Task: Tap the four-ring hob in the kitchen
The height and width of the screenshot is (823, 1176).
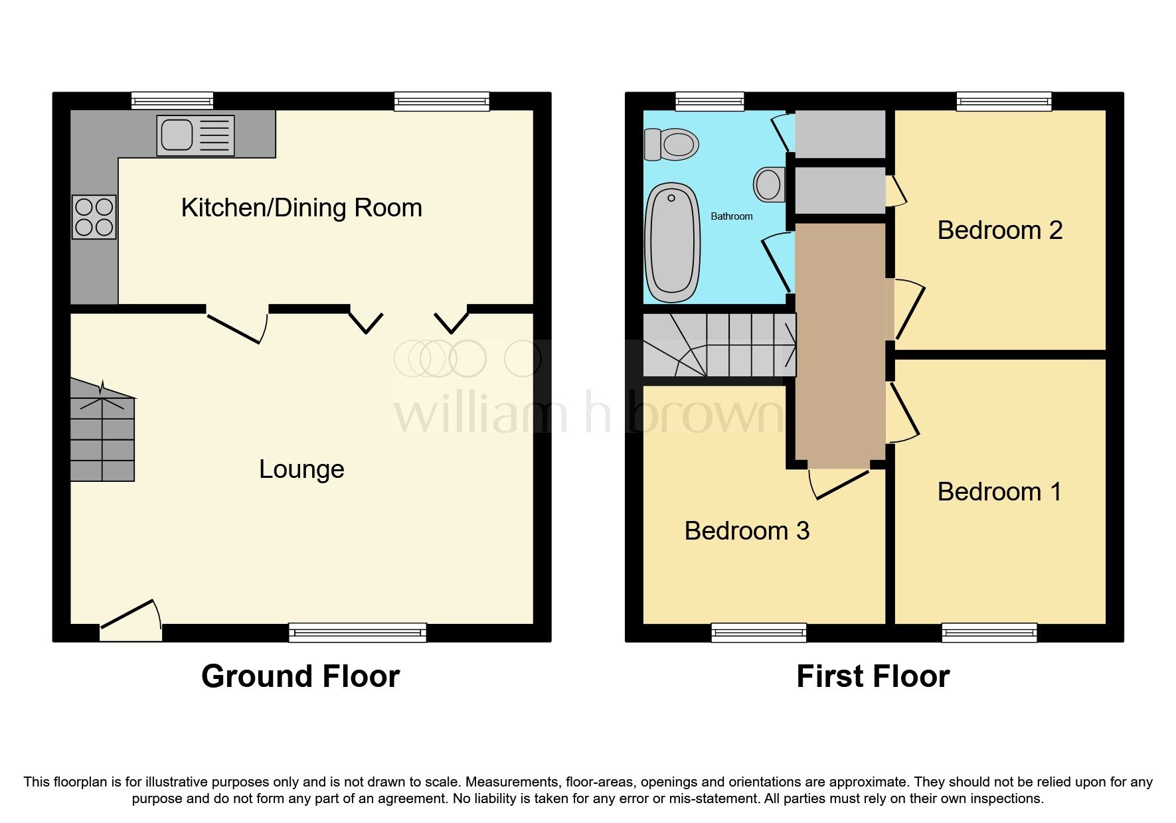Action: tap(94, 216)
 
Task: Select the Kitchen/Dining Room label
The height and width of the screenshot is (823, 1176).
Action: tap(301, 208)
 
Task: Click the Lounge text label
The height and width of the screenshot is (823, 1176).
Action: tap(301, 469)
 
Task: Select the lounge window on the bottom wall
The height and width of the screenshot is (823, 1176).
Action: tap(357, 633)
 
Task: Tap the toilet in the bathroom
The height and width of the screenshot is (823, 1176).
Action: tap(671, 143)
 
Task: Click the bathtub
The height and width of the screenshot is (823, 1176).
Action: tap(673, 242)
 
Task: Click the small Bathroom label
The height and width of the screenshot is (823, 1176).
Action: tap(731, 216)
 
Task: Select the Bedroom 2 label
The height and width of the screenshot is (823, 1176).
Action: tap(999, 230)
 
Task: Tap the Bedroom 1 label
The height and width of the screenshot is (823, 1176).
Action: tap(999, 492)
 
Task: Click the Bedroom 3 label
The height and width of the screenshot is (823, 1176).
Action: tap(746, 531)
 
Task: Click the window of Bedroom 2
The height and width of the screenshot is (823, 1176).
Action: tap(1003, 101)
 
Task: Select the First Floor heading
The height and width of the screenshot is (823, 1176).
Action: tap(873, 676)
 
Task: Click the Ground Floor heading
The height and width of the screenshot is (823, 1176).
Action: tap(300, 676)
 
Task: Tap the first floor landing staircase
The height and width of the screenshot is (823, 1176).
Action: tap(720, 344)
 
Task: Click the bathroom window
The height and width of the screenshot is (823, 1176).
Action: tap(709, 101)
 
